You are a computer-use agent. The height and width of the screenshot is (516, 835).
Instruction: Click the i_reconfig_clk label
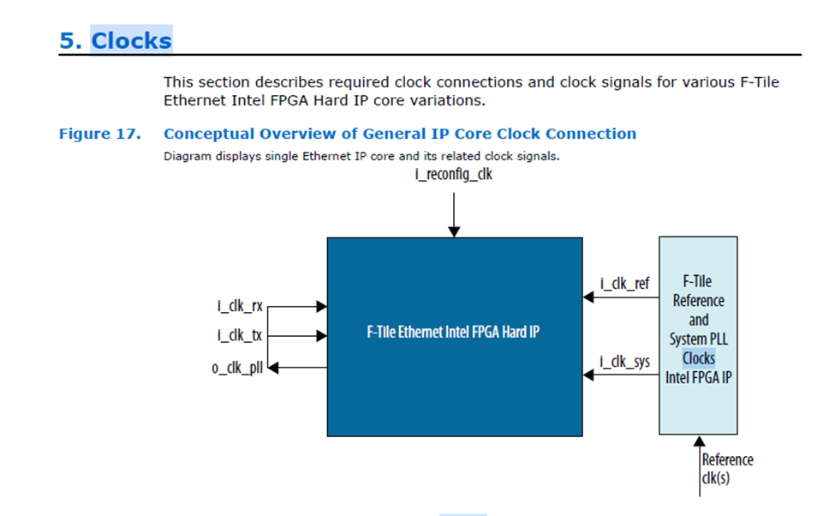coord(454,177)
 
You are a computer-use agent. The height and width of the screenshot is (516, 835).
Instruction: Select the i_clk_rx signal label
coord(240,306)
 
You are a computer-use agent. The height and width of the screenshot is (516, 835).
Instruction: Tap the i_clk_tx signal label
coord(240,336)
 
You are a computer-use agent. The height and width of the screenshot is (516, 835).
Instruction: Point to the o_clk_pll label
coord(237,369)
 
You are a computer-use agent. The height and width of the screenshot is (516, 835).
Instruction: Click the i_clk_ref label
coord(623,284)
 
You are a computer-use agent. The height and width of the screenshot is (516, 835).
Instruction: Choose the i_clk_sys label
coord(623,362)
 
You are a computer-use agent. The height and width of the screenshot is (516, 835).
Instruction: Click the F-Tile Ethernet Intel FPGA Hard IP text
coord(453,333)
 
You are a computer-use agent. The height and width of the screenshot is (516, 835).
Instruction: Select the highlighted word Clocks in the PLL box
coord(698,358)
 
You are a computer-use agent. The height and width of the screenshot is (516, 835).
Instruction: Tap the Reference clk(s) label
coord(727,469)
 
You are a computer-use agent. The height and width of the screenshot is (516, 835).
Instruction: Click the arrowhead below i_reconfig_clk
coord(454,231)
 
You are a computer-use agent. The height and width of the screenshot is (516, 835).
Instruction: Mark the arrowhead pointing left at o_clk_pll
coord(275,368)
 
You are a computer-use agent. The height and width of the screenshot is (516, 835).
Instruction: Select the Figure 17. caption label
coord(98,134)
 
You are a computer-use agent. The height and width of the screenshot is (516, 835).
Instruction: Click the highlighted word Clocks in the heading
coord(131,40)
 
